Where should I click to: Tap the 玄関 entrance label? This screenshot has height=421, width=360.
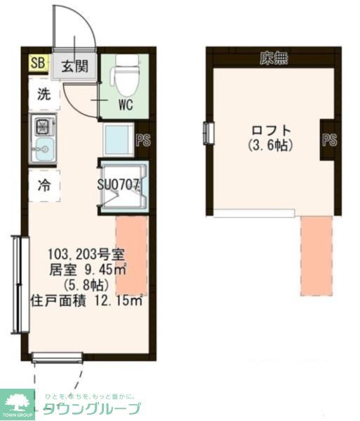(x=73, y=67)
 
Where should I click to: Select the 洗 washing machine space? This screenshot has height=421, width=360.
(x=44, y=95)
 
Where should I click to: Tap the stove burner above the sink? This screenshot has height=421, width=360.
(x=44, y=127)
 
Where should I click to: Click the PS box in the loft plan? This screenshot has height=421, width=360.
(x=329, y=140)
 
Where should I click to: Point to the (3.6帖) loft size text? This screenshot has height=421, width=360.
(x=270, y=146)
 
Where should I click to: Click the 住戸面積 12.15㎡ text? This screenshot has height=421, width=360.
(x=86, y=300)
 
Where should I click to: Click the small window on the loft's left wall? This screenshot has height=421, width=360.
(x=208, y=132)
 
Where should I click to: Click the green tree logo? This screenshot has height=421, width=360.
(x=18, y=402)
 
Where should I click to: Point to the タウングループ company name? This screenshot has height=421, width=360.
(x=91, y=409)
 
